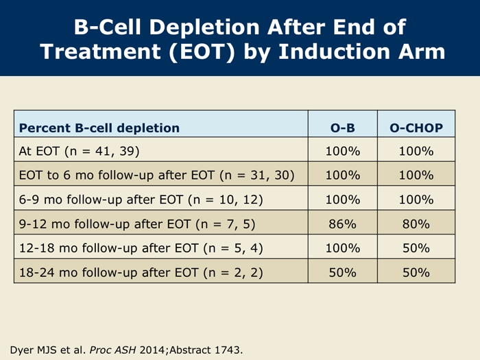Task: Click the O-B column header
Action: pos(343,128)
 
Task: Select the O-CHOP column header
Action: pos(416,128)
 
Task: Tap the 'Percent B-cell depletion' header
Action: pos(99,128)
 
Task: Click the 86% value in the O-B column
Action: pos(343,224)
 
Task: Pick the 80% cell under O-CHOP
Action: pos(416,224)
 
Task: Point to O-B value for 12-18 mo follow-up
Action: pos(343,248)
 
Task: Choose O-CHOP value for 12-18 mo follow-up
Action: pos(416,248)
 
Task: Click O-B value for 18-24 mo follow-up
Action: pos(343,272)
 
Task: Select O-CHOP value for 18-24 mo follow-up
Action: pos(416,272)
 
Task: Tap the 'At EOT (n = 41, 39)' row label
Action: pos(80,152)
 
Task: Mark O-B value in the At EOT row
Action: pos(343,152)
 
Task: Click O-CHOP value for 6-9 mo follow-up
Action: pos(416,200)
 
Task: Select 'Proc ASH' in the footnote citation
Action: pos(112,350)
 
